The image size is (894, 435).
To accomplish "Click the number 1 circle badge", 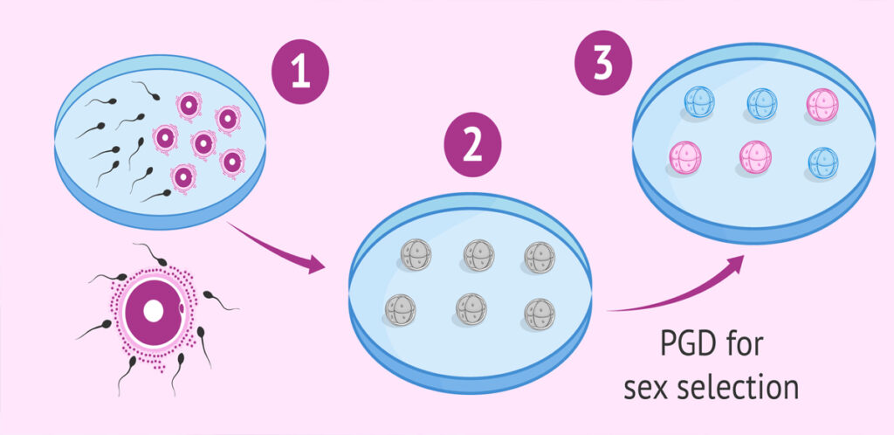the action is click(x=300, y=72).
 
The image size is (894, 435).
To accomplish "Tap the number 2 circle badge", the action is click(x=472, y=145).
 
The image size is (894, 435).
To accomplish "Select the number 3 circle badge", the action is click(x=602, y=62).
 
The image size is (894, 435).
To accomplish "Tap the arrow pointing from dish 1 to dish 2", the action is click(x=276, y=247).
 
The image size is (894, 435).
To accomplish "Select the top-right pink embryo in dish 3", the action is click(x=822, y=104).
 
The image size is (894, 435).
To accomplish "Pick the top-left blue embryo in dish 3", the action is click(x=698, y=102).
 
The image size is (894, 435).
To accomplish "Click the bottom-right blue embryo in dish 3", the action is click(x=822, y=162).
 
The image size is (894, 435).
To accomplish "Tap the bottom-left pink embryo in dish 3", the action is click(x=684, y=157).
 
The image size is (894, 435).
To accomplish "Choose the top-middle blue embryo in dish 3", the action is click(x=761, y=104).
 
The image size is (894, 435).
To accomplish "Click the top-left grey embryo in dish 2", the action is click(x=416, y=254).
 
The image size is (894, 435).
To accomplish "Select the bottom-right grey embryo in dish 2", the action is click(x=540, y=314).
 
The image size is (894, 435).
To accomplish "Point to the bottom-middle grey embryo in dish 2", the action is click(x=471, y=309).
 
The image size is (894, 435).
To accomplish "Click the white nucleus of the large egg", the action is click(x=154, y=311).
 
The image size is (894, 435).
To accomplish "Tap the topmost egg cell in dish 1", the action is click(x=189, y=105).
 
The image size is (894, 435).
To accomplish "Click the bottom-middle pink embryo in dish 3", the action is click(x=755, y=156).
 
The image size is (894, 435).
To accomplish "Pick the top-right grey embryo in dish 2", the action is click(x=540, y=257).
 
